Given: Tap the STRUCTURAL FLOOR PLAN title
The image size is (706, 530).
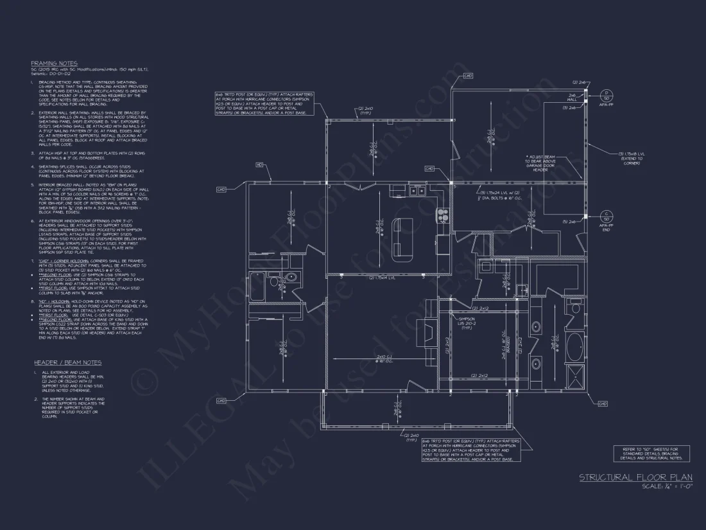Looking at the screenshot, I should tap(636, 477).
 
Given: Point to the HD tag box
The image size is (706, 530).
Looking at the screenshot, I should tap(259, 164).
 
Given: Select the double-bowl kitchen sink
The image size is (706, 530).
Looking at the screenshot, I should tap(418, 191).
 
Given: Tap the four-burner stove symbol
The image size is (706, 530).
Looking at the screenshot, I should tap(442, 215).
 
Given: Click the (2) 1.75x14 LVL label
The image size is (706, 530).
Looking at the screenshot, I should tap(381, 278).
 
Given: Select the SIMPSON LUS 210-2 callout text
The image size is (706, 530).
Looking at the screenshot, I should tap(467, 322).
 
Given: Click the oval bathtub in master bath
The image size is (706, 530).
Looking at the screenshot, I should tap(575, 348).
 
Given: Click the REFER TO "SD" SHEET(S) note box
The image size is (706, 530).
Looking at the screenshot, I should tap(652, 454).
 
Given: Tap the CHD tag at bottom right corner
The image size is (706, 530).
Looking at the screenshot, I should tap(602, 403).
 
